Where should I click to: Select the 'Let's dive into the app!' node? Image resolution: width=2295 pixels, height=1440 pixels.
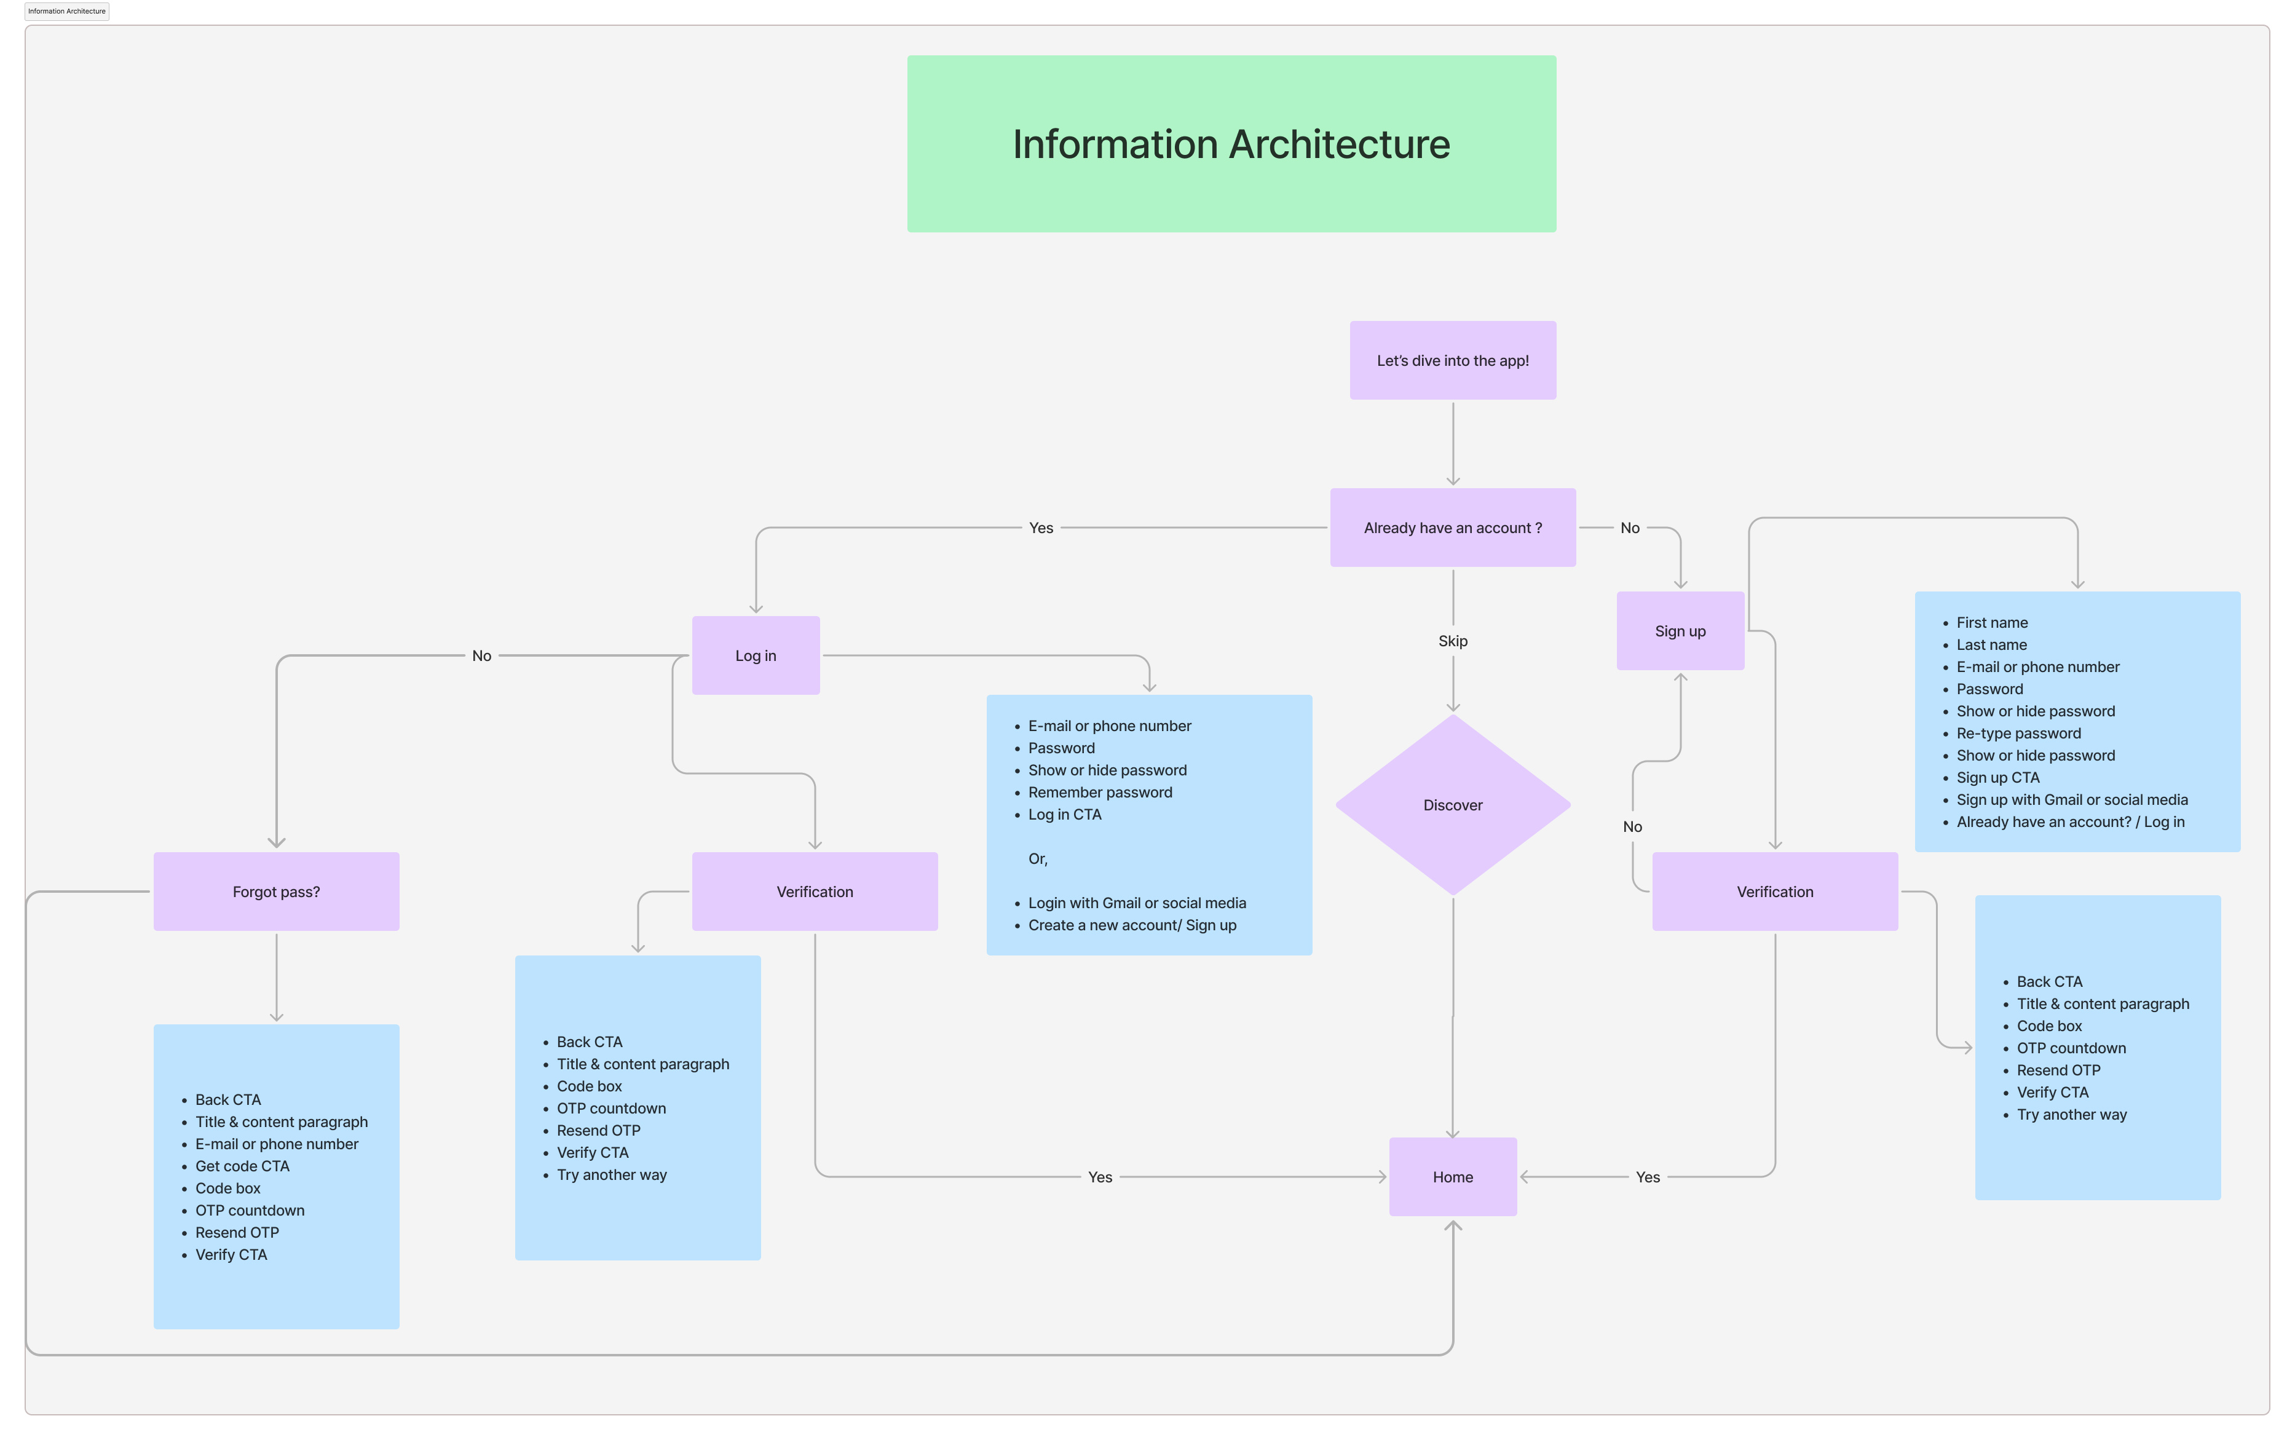point(1452,360)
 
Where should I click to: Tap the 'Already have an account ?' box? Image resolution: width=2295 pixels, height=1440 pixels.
point(1452,528)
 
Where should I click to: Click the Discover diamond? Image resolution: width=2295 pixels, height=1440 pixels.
point(1452,805)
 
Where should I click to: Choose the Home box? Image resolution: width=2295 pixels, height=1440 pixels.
point(1452,1176)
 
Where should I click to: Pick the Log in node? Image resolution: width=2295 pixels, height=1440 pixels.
point(755,655)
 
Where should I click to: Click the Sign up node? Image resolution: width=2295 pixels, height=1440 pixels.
point(1680,630)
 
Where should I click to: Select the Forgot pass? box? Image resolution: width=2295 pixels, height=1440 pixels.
point(276,892)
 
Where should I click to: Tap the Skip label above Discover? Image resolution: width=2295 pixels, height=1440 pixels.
point(1452,641)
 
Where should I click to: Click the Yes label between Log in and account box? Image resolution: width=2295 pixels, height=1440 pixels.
point(1041,528)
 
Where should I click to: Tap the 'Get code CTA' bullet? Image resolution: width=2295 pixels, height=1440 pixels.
point(242,1166)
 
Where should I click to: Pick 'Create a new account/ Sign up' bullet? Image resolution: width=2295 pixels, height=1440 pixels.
point(1131,925)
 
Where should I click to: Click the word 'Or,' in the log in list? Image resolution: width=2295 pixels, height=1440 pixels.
point(1037,859)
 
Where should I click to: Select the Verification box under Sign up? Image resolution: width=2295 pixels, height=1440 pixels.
point(1774,892)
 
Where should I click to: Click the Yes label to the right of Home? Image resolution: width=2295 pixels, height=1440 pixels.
point(1648,1177)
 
